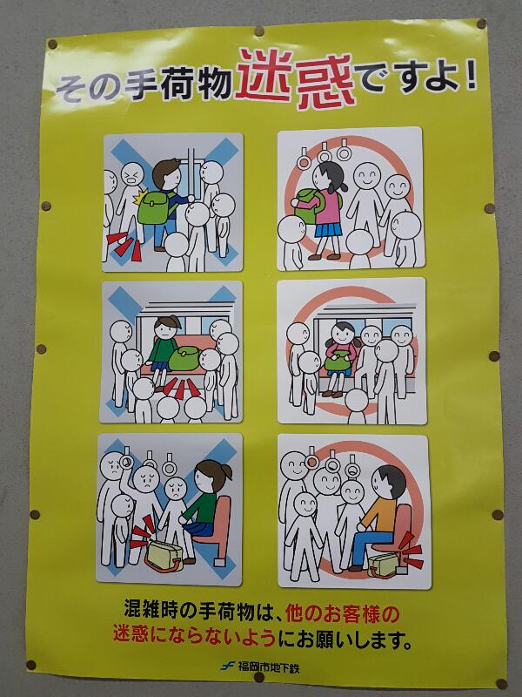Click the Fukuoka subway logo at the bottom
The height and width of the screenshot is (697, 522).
[228, 666]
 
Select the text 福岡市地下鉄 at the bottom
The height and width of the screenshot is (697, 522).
[268, 667]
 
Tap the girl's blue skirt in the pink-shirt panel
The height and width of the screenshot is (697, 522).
[329, 229]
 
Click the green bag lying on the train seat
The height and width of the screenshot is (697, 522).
[184, 358]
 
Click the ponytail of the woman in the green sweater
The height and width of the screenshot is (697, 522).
[227, 471]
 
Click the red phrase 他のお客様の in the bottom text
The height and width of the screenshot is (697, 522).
[343, 614]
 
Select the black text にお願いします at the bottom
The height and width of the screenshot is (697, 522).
[345, 640]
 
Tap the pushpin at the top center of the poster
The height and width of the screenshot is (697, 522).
[258, 31]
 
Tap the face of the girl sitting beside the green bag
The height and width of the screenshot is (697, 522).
[165, 330]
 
